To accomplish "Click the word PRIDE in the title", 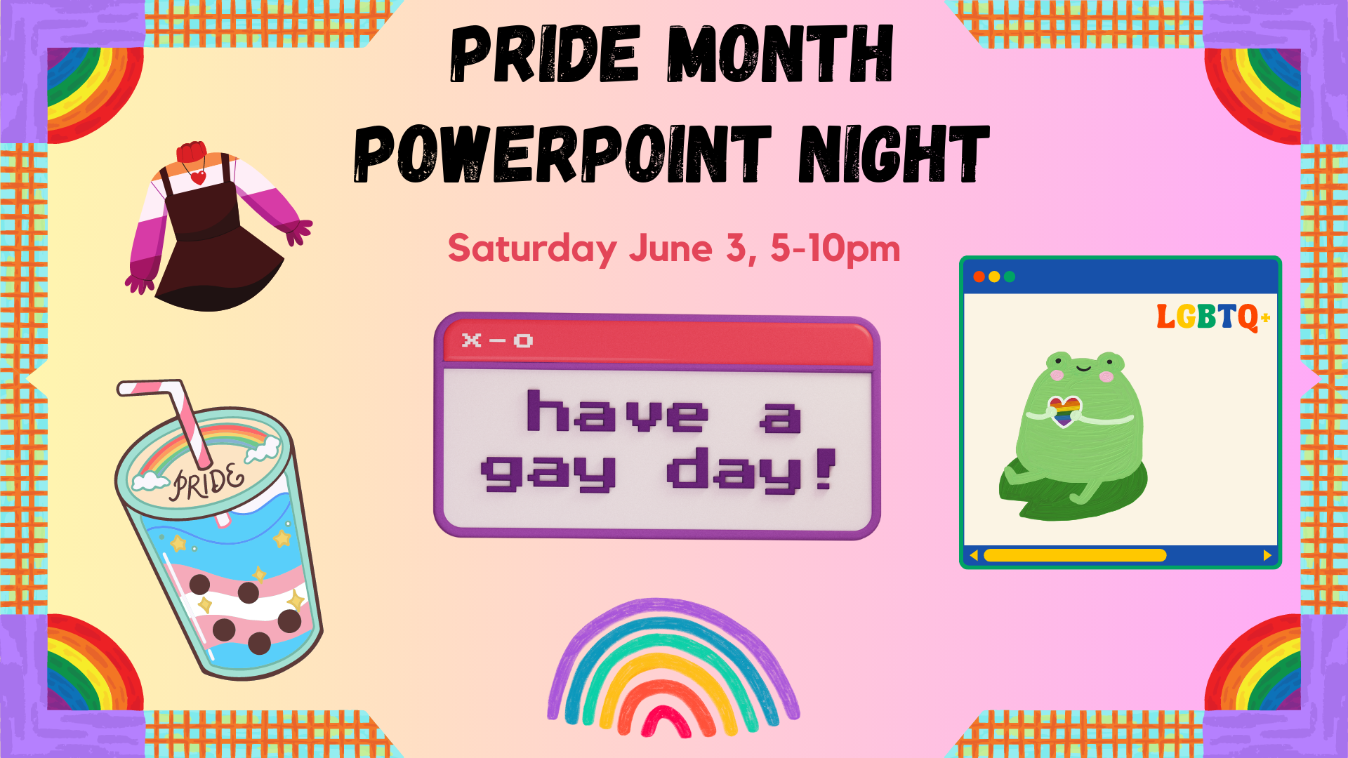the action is click(545, 54).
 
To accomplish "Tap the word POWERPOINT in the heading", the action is click(562, 154).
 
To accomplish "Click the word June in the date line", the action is click(670, 248).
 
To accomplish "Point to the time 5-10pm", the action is click(835, 248).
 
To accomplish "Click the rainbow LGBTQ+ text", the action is click(1213, 317).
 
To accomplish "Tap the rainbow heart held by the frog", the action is click(1064, 411).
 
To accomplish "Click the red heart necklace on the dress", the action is click(199, 177).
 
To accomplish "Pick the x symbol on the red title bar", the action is click(471, 340).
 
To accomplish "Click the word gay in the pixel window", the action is click(548, 472).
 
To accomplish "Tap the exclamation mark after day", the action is click(826, 467).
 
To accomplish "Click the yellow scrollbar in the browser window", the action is click(1075, 555).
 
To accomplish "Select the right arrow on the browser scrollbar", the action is click(1267, 555).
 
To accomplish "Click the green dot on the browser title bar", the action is click(1010, 277).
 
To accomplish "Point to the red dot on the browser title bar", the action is click(979, 277).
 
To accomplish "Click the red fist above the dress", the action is click(192, 152).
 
